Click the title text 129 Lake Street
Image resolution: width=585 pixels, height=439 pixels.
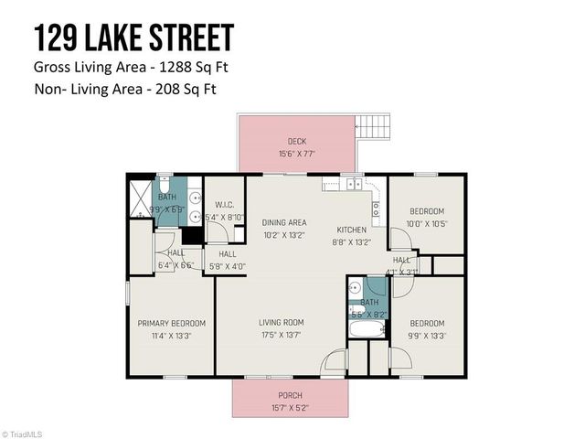click(133, 38)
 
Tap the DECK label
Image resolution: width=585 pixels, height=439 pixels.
click(297, 141)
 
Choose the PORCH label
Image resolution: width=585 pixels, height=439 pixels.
click(290, 395)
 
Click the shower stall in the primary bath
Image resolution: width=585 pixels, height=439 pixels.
click(141, 196)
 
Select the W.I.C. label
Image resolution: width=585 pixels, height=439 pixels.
click(225, 204)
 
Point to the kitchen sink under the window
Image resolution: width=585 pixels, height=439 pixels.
click(352, 184)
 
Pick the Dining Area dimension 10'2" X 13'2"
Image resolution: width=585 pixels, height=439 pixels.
click(284, 234)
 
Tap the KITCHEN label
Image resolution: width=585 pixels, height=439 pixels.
click(351, 230)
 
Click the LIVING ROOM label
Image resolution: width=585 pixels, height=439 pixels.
click(282, 322)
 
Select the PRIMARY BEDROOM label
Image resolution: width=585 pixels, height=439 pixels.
click(172, 323)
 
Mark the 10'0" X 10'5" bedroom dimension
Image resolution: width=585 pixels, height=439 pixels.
click(427, 223)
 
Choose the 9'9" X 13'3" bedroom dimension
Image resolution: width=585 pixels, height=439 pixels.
click(427, 335)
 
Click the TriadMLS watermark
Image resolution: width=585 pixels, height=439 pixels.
click(24, 434)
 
